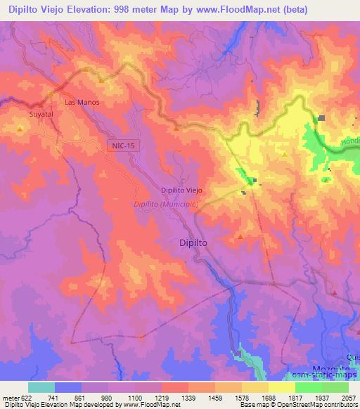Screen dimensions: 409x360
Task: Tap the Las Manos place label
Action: pyautogui.click(x=82, y=103)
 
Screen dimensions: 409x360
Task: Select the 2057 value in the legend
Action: pyautogui.click(x=348, y=398)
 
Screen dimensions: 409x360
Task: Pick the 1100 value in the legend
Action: pyautogui.click(x=135, y=398)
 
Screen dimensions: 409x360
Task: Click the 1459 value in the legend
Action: pyautogui.click(x=215, y=398)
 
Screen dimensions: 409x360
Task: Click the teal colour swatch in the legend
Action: pyautogui.click(x=41, y=387)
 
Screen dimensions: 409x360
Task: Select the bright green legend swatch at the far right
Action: pyautogui.click(x=335, y=387)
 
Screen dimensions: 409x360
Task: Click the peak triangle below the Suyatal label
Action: pyautogui.click(x=20, y=129)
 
